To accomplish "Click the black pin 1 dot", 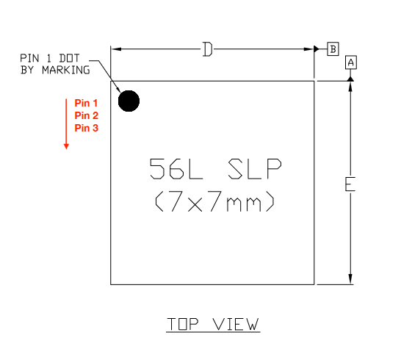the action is (129, 101).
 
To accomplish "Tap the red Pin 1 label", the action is (86, 103).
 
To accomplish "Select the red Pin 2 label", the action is (87, 115).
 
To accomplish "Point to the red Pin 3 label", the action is (87, 128).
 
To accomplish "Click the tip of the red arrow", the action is (66, 149).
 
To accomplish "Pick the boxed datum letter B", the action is (333, 49).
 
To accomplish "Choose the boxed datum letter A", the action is (351, 62).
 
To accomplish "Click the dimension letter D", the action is (207, 49).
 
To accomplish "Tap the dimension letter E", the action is (350, 184).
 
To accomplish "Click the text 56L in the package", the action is (176, 169).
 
